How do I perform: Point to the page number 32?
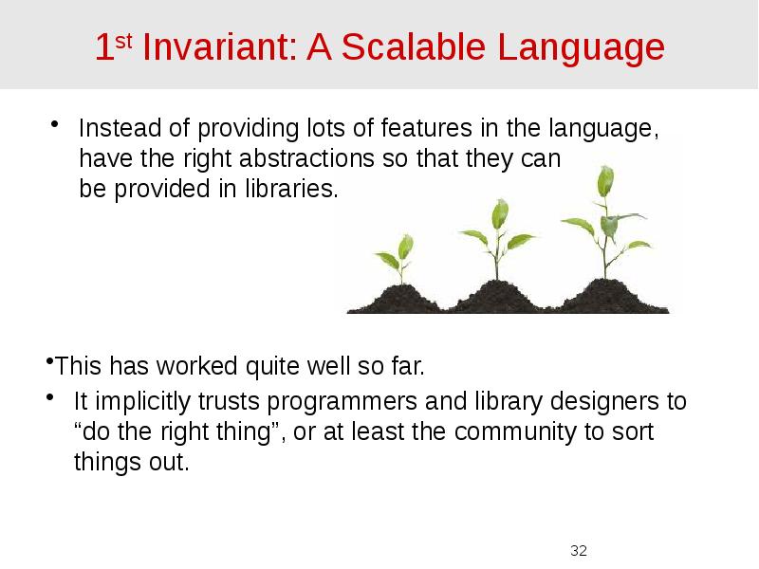coord(578,550)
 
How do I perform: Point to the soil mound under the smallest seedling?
coord(397,297)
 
